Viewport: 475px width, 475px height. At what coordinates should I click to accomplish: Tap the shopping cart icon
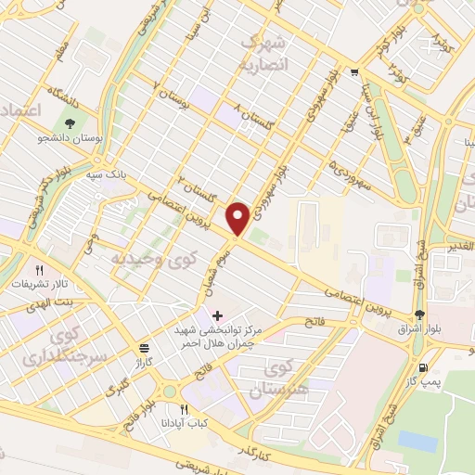pyautogui.click(x=353, y=71)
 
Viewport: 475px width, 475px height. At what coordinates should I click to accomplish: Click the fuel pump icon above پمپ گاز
pyautogui.click(x=424, y=366)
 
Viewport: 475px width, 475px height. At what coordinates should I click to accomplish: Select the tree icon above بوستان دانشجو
pyautogui.click(x=69, y=123)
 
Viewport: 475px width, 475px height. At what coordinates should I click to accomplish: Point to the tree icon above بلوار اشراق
pyautogui.click(x=419, y=315)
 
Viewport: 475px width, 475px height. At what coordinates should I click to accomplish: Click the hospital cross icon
pyautogui.click(x=217, y=315)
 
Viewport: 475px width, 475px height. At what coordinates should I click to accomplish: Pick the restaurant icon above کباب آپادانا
pyautogui.click(x=184, y=409)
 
